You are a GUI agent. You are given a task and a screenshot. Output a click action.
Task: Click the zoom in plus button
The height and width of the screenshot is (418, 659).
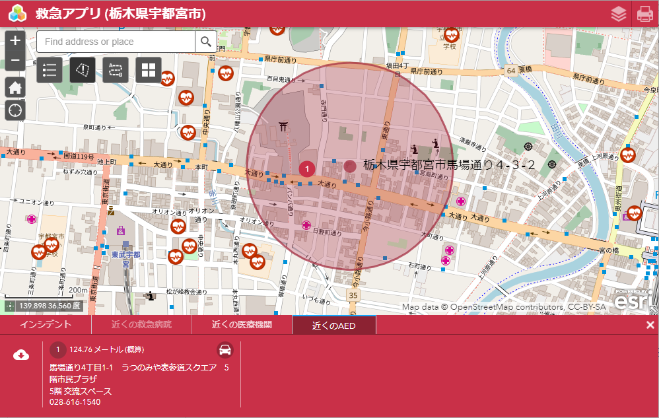[15, 40]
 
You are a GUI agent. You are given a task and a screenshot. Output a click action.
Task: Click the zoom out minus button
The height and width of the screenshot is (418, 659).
[15, 61]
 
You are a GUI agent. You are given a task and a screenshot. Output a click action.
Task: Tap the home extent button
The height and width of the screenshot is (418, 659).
[15, 87]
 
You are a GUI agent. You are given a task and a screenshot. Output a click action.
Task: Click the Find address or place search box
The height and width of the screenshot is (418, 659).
[116, 42]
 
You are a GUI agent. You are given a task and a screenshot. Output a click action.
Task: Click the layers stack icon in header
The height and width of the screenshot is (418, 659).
[619, 14]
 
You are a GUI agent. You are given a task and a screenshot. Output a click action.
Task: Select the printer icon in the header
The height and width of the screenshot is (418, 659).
[644, 14]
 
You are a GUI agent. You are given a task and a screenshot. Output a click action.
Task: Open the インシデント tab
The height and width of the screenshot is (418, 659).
[45, 325]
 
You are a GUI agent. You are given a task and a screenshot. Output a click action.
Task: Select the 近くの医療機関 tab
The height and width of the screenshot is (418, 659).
[242, 325]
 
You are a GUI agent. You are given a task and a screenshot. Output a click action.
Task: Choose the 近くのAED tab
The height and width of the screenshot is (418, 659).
[333, 325]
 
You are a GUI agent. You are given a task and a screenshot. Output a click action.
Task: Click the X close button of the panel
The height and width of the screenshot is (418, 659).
[650, 325]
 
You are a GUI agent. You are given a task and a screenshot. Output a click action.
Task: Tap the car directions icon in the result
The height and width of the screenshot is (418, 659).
[225, 349]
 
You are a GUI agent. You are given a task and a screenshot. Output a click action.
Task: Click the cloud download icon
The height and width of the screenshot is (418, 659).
[21, 355]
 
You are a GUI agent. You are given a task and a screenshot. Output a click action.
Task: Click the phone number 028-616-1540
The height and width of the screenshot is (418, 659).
[75, 401]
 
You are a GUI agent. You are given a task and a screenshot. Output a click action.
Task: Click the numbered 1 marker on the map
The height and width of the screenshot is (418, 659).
[307, 169]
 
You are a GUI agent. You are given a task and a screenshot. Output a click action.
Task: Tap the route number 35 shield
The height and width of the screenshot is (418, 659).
[355, 295]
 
